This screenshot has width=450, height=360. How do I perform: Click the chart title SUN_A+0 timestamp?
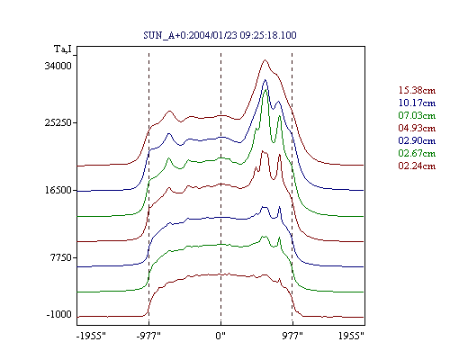[x=220, y=35]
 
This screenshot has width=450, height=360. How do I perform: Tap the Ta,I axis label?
[x=63, y=49]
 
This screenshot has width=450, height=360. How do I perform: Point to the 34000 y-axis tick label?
[x=58, y=66]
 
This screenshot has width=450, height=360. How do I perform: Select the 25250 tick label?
[x=58, y=122]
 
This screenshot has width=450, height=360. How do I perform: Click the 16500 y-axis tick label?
[x=58, y=190]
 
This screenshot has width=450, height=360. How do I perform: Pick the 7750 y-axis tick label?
[x=61, y=257]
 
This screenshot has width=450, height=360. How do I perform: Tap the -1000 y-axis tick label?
[x=59, y=314]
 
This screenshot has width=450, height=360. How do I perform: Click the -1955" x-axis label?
[x=91, y=336]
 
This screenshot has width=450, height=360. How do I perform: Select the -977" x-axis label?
[x=148, y=336]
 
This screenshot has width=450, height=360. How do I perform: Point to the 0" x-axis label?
[x=220, y=336]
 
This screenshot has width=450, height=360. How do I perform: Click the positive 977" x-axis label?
[x=292, y=336]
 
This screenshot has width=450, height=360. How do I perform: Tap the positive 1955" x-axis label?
[x=351, y=336]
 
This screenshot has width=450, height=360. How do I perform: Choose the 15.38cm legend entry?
[x=417, y=90]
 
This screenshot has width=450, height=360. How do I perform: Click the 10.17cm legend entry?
[x=417, y=103]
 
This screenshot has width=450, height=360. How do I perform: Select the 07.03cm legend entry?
[x=417, y=115]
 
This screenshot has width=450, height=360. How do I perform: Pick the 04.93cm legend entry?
[x=417, y=128]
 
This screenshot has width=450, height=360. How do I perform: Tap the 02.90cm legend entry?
[x=417, y=140]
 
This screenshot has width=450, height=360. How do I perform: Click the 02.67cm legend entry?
[x=417, y=153]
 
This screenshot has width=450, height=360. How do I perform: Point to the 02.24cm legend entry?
[x=417, y=166]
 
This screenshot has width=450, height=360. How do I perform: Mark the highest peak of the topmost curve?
[x=265, y=60]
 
